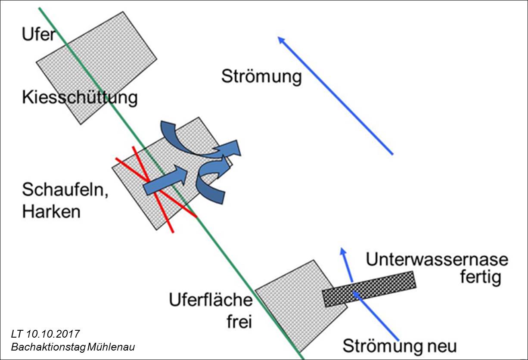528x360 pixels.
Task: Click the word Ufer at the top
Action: (x=39, y=34)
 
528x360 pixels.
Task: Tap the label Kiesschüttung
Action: (x=80, y=98)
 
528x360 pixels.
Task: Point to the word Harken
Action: (x=51, y=211)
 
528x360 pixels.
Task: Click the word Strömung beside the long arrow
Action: (x=261, y=77)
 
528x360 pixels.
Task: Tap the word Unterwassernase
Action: (x=437, y=260)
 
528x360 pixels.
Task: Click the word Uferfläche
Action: (x=210, y=300)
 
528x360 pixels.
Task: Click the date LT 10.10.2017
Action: (x=46, y=334)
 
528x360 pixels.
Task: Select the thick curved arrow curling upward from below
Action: (x=211, y=181)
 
